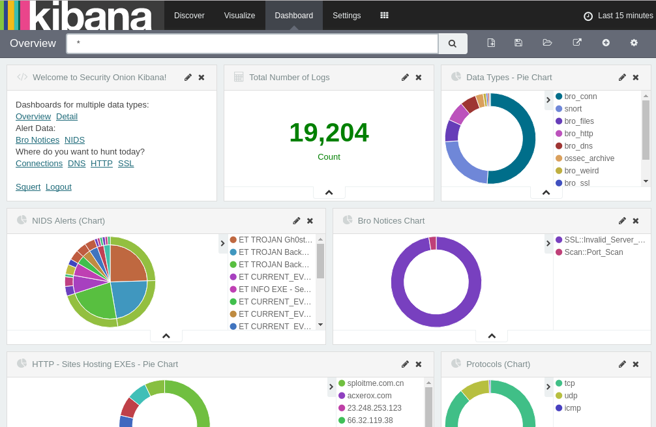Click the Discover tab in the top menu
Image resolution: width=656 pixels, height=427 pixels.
click(x=189, y=16)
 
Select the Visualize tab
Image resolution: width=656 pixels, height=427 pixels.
click(x=239, y=16)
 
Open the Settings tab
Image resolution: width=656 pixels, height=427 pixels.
click(x=346, y=16)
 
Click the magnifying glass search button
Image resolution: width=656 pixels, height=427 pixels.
click(x=453, y=44)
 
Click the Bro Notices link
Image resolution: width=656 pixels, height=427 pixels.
click(x=37, y=140)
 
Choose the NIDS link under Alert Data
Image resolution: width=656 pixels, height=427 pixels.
click(x=74, y=140)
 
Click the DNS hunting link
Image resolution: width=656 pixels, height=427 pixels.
click(x=76, y=163)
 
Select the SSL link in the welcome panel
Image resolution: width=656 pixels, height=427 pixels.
click(x=126, y=163)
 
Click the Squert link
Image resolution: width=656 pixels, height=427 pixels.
click(x=28, y=186)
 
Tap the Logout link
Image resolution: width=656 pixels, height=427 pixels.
click(x=59, y=186)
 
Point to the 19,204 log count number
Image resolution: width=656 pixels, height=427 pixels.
click(x=329, y=133)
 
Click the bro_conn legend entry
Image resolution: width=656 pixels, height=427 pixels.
click(x=580, y=96)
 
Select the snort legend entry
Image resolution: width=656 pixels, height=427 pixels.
click(x=573, y=109)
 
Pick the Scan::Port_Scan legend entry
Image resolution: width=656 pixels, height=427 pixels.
click(x=593, y=252)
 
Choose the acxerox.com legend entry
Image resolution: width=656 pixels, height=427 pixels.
click(x=369, y=396)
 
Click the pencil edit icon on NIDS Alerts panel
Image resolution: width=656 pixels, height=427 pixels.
click(x=297, y=221)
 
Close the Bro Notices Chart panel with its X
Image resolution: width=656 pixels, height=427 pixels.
click(x=636, y=221)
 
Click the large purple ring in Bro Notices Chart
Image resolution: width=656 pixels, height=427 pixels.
click(x=397, y=282)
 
